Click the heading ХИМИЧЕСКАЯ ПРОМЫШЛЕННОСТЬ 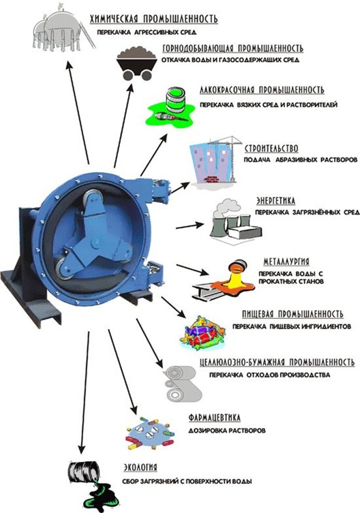(x=154, y=19)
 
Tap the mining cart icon (x=136, y=63)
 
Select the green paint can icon (x=171, y=108)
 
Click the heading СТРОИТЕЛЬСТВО (x=271, y=149)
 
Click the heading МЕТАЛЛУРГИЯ (x=286, y=262)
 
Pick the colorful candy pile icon (x=203, y=333)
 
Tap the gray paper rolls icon (x=183, y=383)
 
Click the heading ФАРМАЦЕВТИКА (x=215, y=418)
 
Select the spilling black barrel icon (x=91, y=484)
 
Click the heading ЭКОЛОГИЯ (x=140, y=467)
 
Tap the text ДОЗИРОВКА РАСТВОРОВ (x=227, y=431)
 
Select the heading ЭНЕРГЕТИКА (x=275, y=200)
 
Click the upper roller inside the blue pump (x=93, y=200)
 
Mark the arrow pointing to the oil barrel (x=85, y=392)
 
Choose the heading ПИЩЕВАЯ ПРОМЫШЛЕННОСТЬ (x=293, y=314)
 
